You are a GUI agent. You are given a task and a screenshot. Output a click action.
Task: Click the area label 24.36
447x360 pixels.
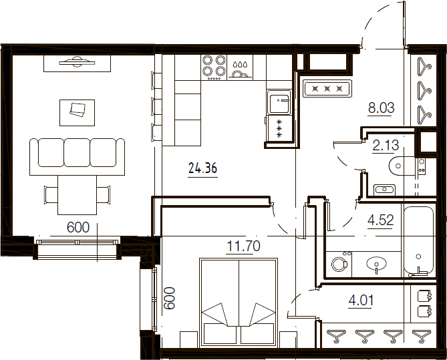click(x=202, y=168)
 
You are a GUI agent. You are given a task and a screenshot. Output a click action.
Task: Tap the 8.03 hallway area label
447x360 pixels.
click(x=381, y=108)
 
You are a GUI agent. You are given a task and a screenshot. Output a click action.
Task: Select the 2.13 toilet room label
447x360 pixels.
click(x=386, y=146)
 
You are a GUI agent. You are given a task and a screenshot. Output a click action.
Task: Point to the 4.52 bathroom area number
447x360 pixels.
click(x=381, y=220)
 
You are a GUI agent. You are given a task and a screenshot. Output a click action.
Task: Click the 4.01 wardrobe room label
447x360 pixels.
click(x=361, y=300)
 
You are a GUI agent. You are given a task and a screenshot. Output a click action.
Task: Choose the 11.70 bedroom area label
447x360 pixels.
click(x=243, y=246)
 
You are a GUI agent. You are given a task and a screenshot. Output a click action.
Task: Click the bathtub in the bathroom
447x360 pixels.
click(x=418, y=241)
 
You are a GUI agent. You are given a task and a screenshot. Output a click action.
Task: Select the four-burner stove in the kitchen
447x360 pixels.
click(x=214, y=67)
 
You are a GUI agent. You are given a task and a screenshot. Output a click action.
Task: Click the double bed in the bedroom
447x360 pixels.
click(x=239, y=303)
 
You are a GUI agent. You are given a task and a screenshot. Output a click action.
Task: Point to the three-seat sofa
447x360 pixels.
click(x=78, y=156)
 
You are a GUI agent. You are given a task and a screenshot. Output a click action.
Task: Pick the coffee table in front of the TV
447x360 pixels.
click(x=77, y=113)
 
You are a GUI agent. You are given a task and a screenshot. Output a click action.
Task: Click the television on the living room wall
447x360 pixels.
click(x=77, y=62)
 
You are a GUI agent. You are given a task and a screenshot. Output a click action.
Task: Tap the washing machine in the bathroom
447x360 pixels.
click(x=339, y=264)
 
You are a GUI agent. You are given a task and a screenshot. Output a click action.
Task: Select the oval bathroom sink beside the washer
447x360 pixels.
click(x=377, y=264)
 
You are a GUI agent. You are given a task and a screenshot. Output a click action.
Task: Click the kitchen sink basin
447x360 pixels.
click(x=279, y=102)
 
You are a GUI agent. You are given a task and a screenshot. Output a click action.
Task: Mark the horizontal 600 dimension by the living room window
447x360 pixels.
click(x=78, y=228)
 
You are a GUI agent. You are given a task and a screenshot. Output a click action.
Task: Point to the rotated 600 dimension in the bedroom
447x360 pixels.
click(x=169, y=298)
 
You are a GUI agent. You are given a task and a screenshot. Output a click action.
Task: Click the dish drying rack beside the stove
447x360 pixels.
click(x=240, y=67)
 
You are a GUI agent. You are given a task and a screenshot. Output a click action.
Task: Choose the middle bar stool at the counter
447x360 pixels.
click(x=156, y=106)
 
